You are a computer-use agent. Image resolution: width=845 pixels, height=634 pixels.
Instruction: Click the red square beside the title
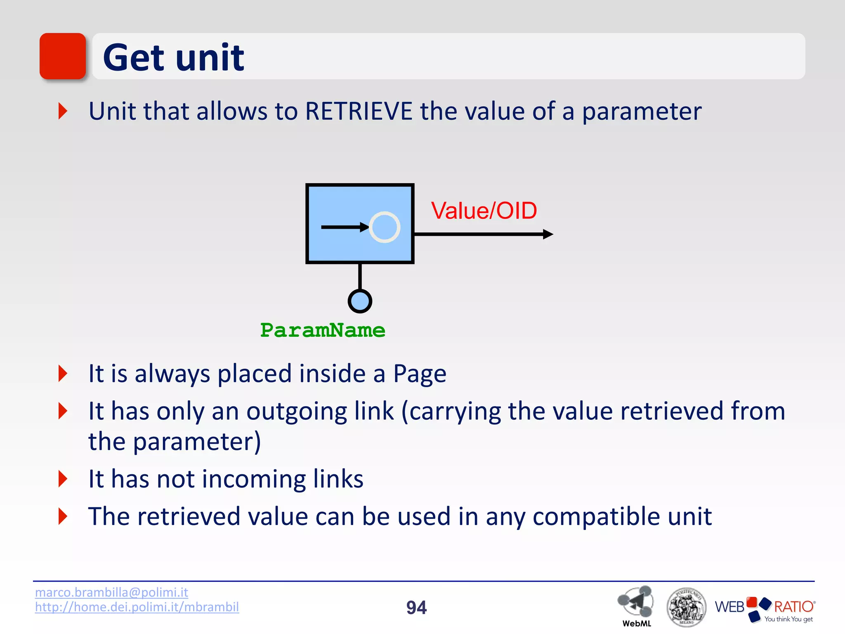(62, 56)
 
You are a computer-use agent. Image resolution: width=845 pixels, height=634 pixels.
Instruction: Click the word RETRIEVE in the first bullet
(359, 111)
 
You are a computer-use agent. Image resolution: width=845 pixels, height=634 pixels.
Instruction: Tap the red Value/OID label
(484, 211)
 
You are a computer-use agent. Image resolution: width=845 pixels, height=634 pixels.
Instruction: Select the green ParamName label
(323, 330)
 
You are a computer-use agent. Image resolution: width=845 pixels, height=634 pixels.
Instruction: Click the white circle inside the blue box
(384, 227)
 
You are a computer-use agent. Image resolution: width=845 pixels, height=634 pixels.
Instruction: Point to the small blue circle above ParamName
(360, 301)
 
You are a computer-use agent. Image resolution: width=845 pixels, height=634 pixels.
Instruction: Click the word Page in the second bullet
(419, 374)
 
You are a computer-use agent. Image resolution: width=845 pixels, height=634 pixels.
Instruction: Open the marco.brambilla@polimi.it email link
(111, 592)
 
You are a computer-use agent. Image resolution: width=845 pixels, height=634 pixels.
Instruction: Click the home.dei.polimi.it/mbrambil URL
(137, 607)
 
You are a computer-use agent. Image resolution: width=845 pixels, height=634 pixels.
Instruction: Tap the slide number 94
(416, 607)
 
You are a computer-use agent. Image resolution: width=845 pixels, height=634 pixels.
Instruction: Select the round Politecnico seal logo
(686, 607)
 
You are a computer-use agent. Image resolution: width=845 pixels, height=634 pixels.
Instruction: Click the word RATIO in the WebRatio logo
(793, 606)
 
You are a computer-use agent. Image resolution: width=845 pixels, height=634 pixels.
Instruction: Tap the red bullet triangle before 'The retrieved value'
(63, 516)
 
